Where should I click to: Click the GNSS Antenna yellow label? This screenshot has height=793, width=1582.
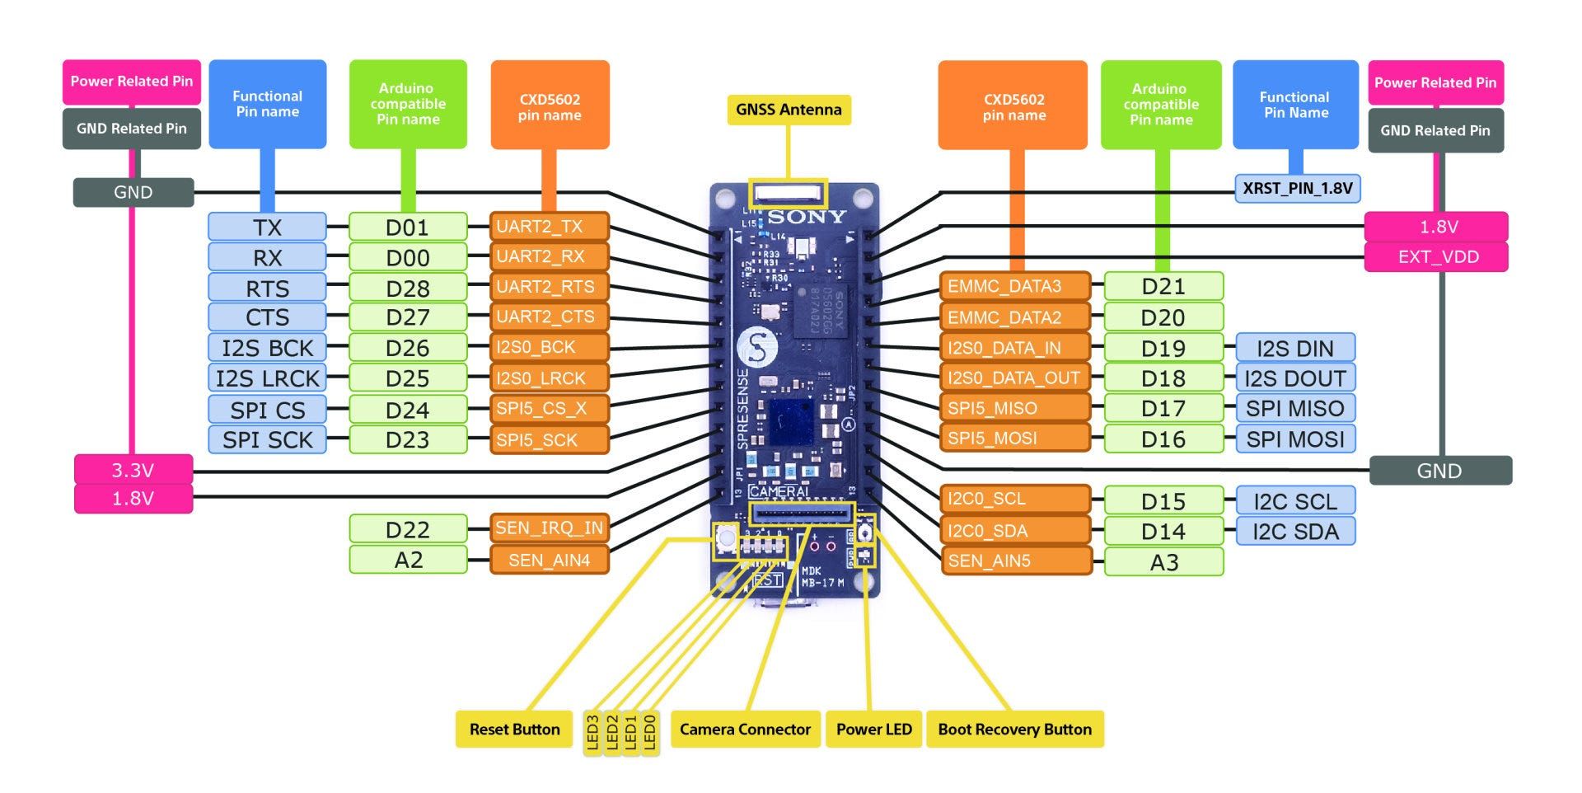(x=789, y=110)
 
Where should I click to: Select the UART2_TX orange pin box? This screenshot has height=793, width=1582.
(x=550, y=227)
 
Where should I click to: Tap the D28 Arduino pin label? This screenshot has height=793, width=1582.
(x=408, y=288)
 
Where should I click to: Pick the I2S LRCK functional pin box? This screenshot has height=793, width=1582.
(x=267, y=378)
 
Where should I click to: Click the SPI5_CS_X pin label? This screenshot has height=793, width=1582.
(x=550, y=409)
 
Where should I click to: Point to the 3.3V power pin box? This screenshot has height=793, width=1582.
(x=133, y=470)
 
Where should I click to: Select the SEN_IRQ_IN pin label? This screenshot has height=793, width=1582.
(x=550, y=528)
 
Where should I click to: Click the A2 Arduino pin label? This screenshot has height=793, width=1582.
(x=408, y=560)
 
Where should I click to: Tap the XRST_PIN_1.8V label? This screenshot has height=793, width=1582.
(x=1297, y=189)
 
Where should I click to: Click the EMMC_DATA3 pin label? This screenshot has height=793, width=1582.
(x=1014, y=287)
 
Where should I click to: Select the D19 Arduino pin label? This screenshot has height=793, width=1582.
(x=1163, y=348)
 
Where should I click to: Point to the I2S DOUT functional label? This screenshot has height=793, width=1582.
(x=1294, y=378)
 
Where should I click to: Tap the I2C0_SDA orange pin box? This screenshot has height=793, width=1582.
(x=1014, y=531)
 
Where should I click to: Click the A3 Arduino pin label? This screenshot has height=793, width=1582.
(x=1163, y=562)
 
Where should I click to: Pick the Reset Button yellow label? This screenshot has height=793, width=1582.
(x=514, y=730)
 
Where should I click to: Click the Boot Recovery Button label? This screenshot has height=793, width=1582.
(x=1014, y=730)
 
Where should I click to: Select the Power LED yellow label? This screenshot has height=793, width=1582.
(x=873, y=730)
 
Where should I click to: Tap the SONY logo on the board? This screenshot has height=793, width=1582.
(x=807, y=217)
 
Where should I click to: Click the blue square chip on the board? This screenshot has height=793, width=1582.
(x=791, y=422)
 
